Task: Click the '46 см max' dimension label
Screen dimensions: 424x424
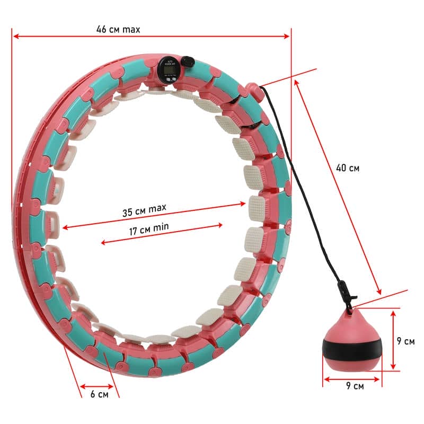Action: pos(118,30)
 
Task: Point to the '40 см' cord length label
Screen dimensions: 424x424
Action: pos(348,168)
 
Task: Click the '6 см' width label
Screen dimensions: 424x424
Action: pos(99,394)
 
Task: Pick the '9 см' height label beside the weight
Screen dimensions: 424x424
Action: pos(405,341)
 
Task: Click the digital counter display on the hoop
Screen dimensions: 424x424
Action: pos(169,68)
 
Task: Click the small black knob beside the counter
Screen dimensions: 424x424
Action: pos(187,62)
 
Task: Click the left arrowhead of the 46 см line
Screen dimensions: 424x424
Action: pos(15,36)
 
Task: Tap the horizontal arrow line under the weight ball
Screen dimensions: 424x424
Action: pos(352,378)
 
